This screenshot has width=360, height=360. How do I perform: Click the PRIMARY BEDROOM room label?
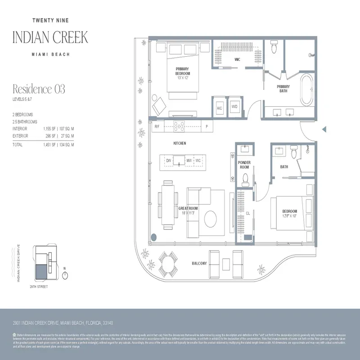click(x=183, y=71)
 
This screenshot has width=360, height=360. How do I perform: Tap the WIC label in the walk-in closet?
click(x=237, y=59)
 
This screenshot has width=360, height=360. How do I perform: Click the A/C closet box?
click(x=220, y=107)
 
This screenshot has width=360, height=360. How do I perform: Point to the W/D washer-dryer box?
click(x=234, y=107)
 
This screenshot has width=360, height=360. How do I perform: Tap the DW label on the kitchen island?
click(x=169, y=160)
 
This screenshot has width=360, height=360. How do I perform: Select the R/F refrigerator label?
click(x=157, y=127)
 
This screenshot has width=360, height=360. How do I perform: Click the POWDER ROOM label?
click(x=244, y=165)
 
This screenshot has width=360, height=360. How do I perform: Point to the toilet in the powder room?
click(x=246, y=179)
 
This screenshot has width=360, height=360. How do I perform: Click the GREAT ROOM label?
click(x=188, y=208)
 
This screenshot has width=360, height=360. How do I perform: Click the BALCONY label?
click(x=199, y=263)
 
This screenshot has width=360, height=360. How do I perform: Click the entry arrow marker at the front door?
click(x=324, y=130)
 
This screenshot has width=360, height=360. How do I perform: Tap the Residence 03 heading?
click(x=39, y=89)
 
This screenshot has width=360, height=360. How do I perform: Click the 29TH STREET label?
click(x=39, y=286)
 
